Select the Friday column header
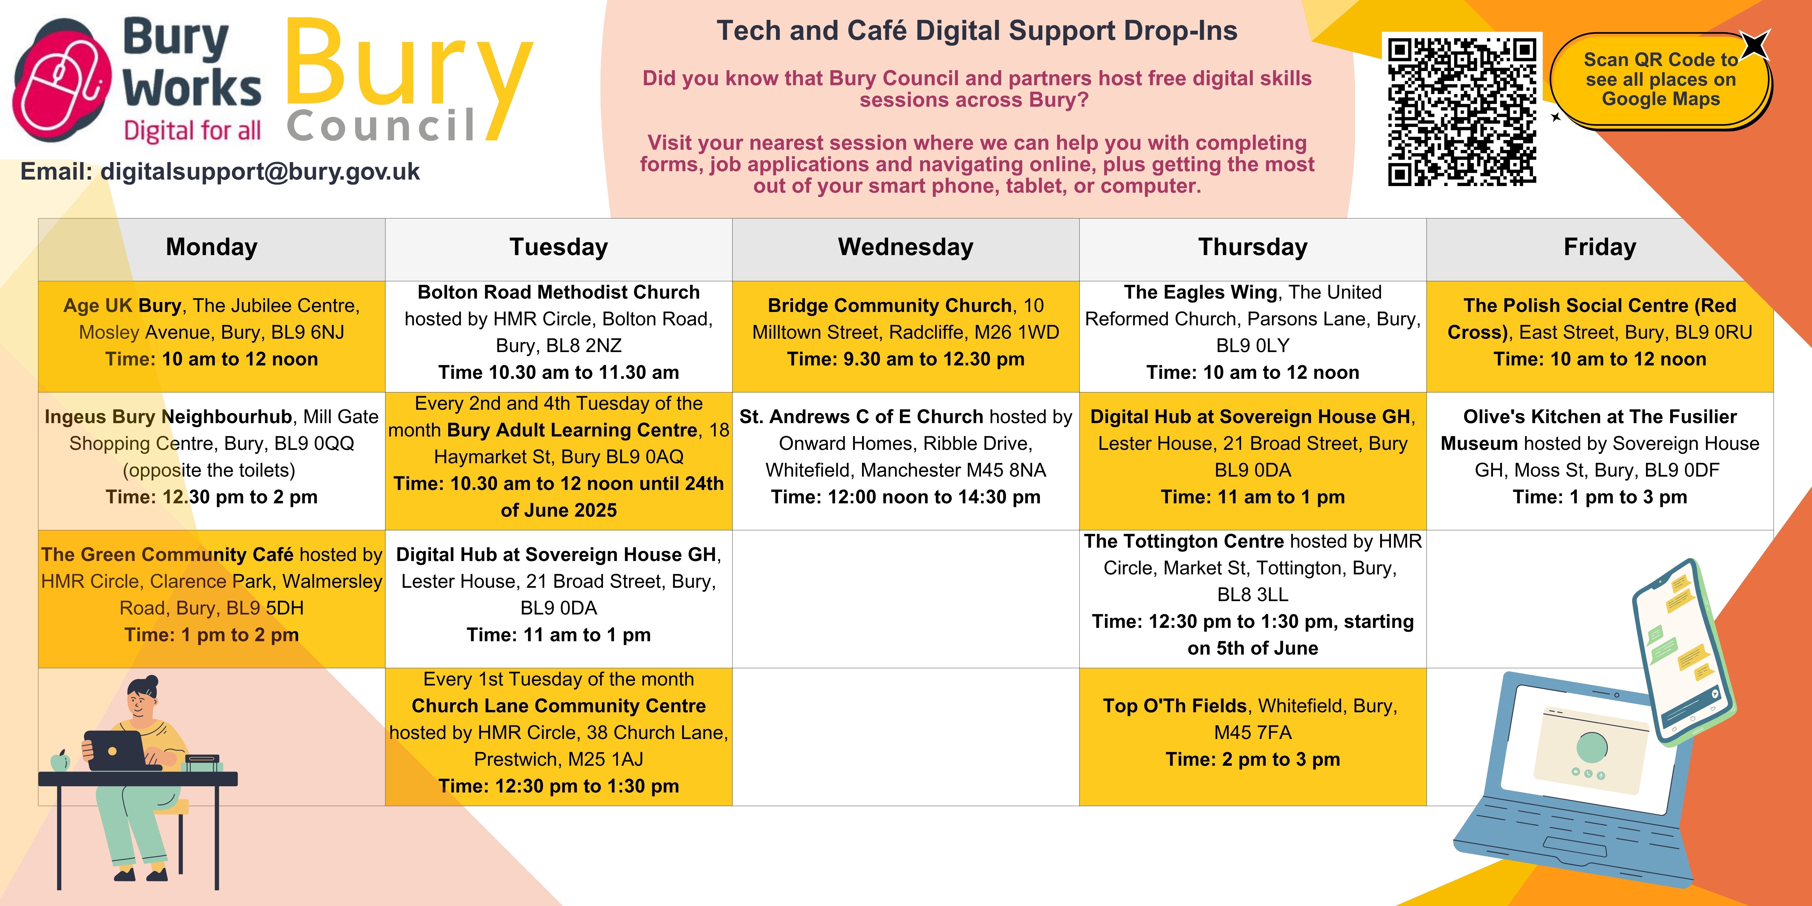click(1600, 249)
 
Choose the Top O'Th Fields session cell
click(1253, 736)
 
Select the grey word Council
click(382, 126)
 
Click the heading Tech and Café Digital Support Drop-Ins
click(977, 31)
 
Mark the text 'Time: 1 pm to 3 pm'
click(1600, 497)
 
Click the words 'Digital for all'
click(192, 131)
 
